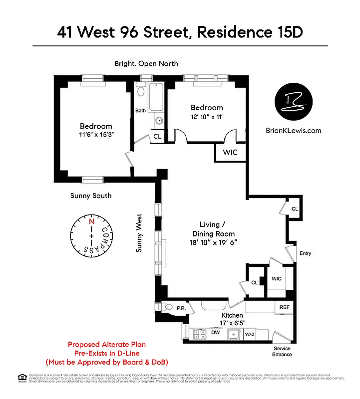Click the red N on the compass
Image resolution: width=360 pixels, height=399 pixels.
pos(91,222)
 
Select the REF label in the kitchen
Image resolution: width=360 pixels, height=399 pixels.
pos(285,307)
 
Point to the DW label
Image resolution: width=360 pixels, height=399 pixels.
pos(216,332)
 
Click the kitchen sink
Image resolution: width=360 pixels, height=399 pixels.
pos(232,334)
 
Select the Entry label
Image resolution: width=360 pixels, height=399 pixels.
pos(305,253)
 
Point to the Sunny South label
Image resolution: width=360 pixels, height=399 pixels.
pos(91,196)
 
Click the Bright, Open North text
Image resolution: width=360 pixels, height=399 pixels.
pos(146,63)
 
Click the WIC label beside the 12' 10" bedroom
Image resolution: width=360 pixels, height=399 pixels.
pos(230,152)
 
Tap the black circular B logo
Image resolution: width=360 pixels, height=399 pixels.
pos(294,102)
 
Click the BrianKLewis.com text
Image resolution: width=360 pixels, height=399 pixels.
pos(294,131)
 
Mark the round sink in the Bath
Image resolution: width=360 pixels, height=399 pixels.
pos(159,121)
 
